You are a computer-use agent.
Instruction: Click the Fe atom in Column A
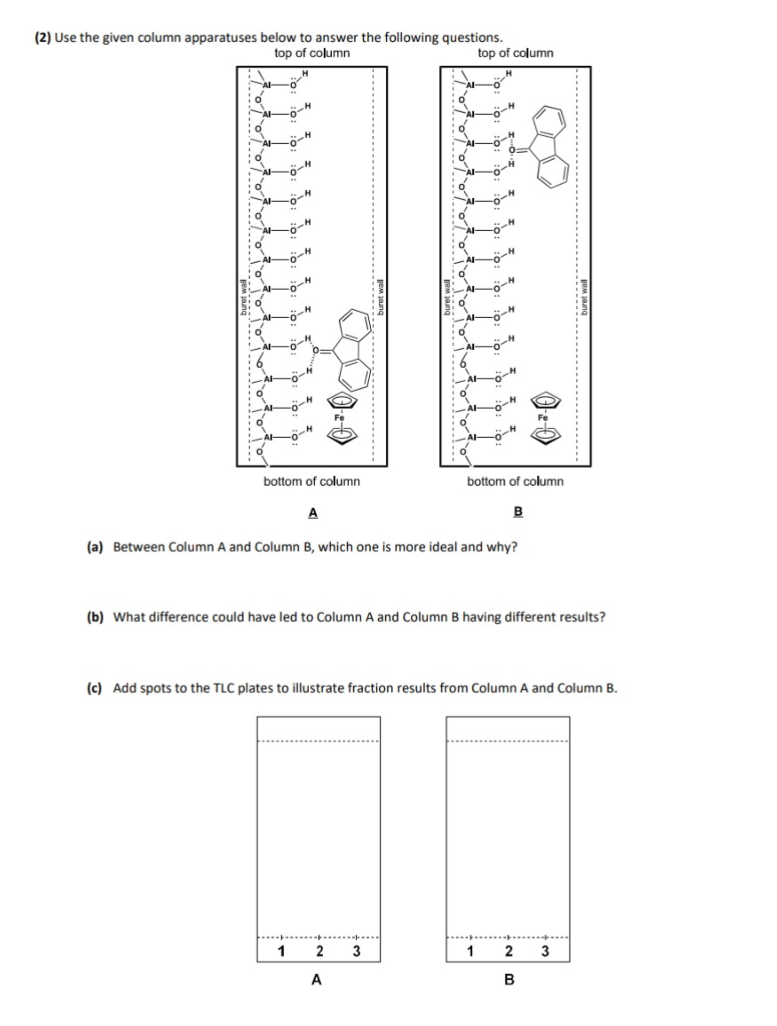click(x=340, y=418)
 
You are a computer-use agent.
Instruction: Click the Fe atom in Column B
click(x=543, y=418)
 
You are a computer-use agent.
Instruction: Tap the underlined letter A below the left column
click(x=313, y=513)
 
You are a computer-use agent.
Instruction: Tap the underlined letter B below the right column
click(x=519, y=512)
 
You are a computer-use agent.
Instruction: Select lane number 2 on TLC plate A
click(x=319, y=951)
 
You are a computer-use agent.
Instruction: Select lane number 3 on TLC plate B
click(x=545, y=951)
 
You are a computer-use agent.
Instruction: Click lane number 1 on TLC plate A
click(x=281, y=951)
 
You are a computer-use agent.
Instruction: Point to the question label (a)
click(x=95, y=547)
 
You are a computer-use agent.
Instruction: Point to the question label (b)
click(x=95, y=617)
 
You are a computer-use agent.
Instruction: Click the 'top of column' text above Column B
click(x=515, y=53)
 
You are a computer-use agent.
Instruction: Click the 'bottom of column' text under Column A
click(x=311, y=481)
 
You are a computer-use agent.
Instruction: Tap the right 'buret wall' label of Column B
click(x=584, y=297)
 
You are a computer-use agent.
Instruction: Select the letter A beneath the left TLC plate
click(x=317, y=980)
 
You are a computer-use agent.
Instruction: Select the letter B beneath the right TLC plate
click(x=509, y=980)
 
